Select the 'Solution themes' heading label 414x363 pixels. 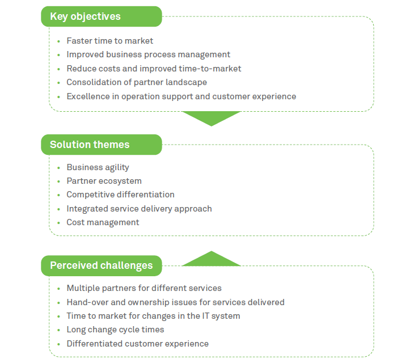click(90, 145)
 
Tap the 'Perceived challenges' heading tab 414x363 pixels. click(102, 265)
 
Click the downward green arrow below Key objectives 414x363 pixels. click(211, 117)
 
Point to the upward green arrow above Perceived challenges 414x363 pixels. click(211, 259)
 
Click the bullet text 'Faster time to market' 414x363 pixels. click(109, 41)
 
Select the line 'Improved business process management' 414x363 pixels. click(148, 54)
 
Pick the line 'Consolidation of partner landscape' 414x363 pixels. click(136, 82)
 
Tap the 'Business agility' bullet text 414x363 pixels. click(98, 167)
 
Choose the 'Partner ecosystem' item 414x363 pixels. click(104, 181)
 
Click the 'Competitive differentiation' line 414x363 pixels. click(120, 195)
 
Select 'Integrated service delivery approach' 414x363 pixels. click(139, 209)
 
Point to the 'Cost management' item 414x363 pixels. click(103, 222)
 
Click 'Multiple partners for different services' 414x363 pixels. click(144, 288)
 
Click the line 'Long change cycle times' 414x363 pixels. click(115, 330)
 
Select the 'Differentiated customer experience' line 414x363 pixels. click(137, 344)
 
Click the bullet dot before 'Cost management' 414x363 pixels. click(59, 223)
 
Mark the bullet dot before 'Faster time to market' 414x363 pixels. click(59, 41)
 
